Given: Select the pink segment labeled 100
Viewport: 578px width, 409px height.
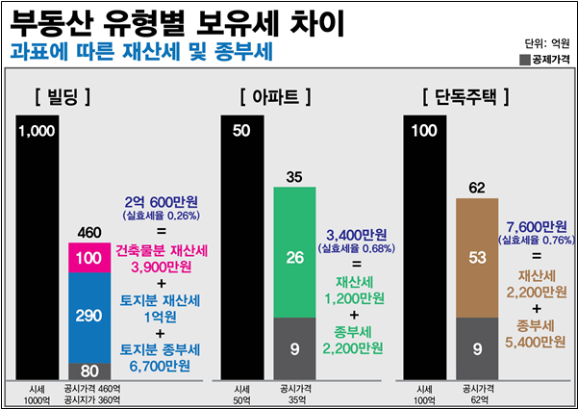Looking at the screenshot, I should click(x=88, y=259).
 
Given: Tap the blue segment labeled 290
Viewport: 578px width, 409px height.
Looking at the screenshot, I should click(x=88, y=316).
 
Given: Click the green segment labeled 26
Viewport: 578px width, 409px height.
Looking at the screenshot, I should click(x=295, y=257).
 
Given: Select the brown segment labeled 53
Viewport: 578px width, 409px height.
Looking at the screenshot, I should click(x=477, y=257).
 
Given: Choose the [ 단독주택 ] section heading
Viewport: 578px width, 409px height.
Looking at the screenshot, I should click(x=465, y=96).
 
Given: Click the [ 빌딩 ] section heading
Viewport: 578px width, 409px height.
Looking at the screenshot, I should click(x=61, y=96).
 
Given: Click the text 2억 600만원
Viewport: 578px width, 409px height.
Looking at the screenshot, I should click(x=161, y=204).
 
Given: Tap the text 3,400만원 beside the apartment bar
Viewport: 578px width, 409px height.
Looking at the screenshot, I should click(x=356, y=235).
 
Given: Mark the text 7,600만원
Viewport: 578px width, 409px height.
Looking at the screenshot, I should click(x=535, y=228).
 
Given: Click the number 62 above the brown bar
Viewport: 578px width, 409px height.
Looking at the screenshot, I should click(x=477, y=187).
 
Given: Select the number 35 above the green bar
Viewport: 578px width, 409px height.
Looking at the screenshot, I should click(x=295, y=176).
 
